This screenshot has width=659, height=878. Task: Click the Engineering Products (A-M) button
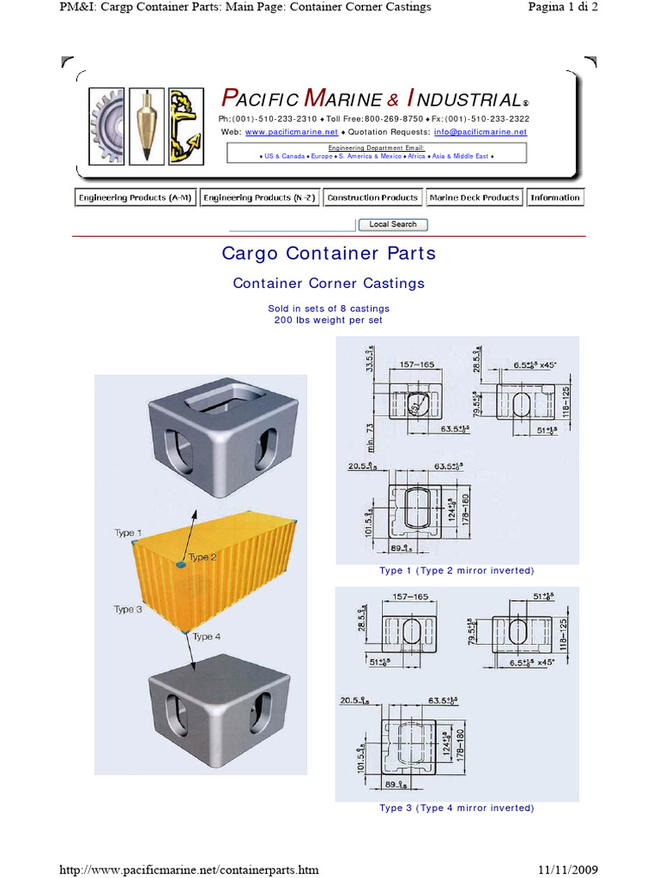(135, 198)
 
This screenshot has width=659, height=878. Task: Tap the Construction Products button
(372, 198)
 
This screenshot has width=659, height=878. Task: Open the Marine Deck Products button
(474, 198)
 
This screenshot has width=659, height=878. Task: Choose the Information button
(554, 198)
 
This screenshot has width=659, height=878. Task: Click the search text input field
(292, 225)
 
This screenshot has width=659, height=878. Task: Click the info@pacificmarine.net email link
(480, 132)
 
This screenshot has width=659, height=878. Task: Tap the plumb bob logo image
(146, 126)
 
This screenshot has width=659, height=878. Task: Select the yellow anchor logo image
(184, 126)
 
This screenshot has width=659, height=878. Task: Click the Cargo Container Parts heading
(329, 254)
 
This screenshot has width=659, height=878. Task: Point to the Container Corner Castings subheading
(329, 283)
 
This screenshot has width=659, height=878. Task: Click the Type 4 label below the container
(207, 636)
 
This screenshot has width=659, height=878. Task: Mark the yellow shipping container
(214, 574)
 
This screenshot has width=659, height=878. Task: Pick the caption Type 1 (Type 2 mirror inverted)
(456, 571)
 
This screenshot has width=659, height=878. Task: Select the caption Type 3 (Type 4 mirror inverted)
(456, 808)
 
